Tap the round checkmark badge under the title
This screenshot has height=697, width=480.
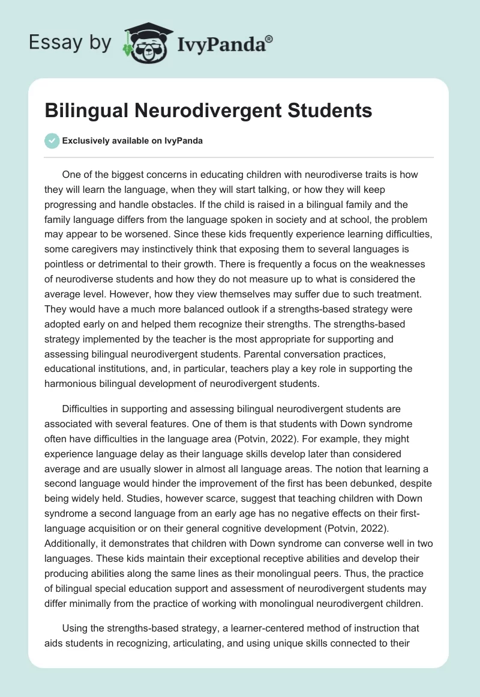click(x=52, y=141)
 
